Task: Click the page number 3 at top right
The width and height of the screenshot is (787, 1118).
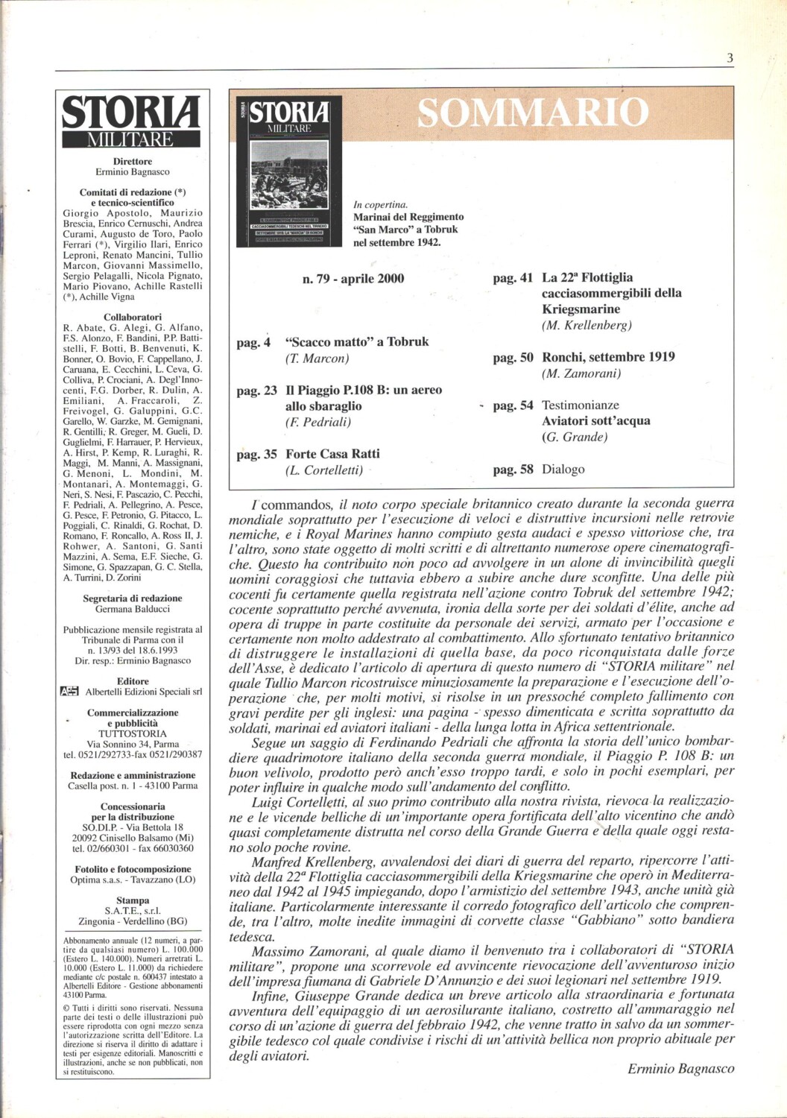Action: [x=730, y=58]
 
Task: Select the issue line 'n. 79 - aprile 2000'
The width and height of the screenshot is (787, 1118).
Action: [x=353, y=279]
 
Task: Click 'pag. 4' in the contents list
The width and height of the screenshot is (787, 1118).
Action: [x=253, y=343]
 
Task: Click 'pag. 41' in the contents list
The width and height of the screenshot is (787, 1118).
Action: [x=513, y=278]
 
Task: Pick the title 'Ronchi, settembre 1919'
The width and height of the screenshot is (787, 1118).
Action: [x=608, y=357]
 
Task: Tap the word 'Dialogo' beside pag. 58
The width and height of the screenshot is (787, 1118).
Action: [x=563, y=470]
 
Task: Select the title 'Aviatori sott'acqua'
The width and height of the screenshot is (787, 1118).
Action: [x=595, y=421]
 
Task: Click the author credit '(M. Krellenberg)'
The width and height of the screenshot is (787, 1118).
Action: [x=587, y=325]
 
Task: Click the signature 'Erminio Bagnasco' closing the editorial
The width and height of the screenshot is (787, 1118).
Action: [x=680, y=1069]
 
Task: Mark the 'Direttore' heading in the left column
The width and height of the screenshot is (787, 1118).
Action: [x=133, y=161]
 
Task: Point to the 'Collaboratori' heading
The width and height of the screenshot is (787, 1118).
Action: [x=133, y=317]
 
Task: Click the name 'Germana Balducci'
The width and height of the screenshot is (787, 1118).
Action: [x=133, y=609]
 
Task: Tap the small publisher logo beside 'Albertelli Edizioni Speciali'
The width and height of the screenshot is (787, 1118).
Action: [x=69, y=692]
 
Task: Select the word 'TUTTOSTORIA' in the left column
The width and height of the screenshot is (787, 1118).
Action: [x=133, y=733]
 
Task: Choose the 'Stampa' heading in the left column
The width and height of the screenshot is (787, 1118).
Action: [x=133, y=900]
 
